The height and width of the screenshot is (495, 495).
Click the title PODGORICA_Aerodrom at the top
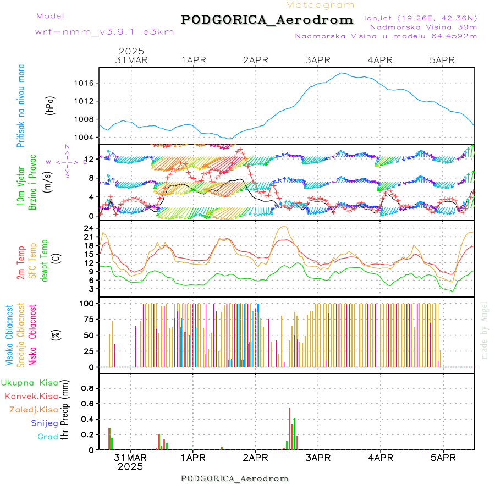267,20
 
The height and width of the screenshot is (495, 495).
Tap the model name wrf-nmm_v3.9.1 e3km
105,32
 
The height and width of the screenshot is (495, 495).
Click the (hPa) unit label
50,105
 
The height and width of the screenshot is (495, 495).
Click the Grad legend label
48,437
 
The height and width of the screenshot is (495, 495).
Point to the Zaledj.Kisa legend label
34,410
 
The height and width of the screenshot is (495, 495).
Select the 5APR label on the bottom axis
442,458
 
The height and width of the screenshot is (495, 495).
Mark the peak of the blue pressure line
342,73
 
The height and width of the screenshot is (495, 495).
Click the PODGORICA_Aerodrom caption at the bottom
235,479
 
